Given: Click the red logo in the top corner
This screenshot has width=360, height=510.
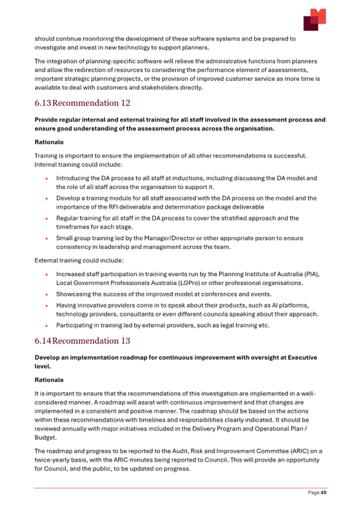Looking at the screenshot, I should pos(314,20).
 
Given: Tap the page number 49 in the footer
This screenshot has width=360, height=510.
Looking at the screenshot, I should pos(323,493).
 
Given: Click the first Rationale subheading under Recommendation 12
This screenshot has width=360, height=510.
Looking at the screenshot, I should pos(49,142).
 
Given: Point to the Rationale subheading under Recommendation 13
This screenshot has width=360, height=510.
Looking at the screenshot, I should pos(49,380).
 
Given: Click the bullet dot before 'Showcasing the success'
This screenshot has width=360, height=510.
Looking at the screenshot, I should pos(47,294).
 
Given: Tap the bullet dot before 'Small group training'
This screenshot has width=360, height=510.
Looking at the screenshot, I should pos(47,238).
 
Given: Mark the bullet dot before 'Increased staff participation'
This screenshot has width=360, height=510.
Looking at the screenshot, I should pos(47,274).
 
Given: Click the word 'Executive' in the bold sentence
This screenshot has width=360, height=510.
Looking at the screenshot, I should pos(301,358).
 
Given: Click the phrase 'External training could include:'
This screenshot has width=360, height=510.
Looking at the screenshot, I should pos(79,261).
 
